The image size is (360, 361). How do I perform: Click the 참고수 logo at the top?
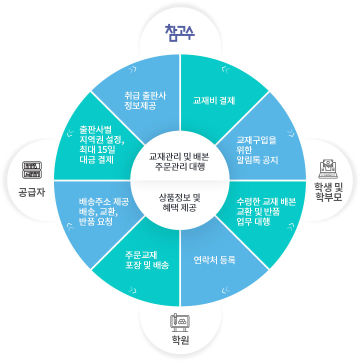pyautogui.click(x=180, y=31)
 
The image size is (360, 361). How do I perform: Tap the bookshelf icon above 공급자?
pyautogui.click(x=31, y=170)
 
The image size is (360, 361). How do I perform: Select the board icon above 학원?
pyautogui.click(x=179, y=322)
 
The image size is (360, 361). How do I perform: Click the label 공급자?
pyautogui.click(x=31, y=191)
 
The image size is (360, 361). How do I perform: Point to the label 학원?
pyautogui.click(x=180, y=342)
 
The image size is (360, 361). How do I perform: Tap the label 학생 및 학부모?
pyautogui.click(x=328, y=192)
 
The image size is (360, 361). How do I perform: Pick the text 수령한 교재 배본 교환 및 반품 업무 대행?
pyautogui.click(x=265, y=211)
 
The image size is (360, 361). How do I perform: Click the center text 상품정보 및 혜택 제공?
pyautogui.click(x=180, y=201)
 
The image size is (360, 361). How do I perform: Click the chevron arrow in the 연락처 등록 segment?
pyautogui.click(x=226, y=290)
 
